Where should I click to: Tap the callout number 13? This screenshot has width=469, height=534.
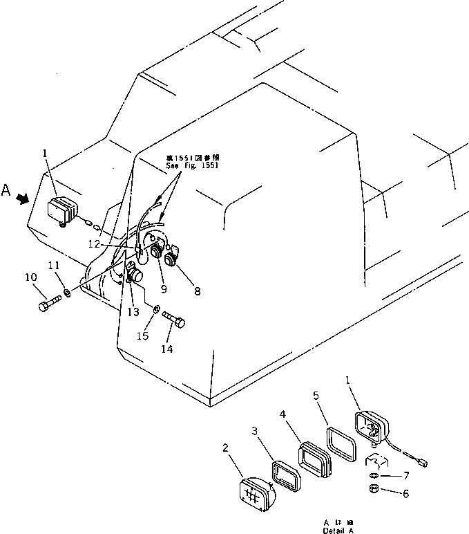pyautogui.click(x=133, y=312)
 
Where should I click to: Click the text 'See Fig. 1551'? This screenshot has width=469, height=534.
pyautogui.click(x=191, y=166)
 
